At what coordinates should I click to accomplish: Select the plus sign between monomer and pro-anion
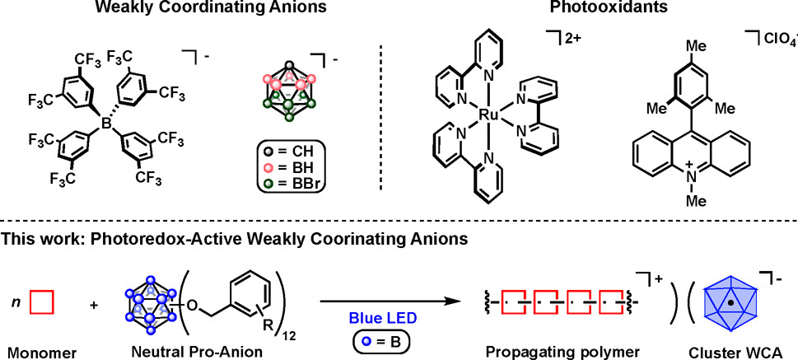[93, 303]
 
